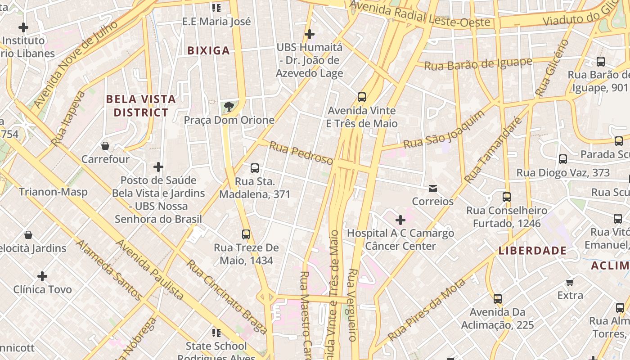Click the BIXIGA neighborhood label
click(x=208, y=50)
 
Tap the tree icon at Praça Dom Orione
click(x=229, y=107)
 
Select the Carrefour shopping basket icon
click(x=105, y=146)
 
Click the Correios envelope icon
click(x=433, y=188)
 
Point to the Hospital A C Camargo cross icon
click(x=400, y=220)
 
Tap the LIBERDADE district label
click(x=532, y=251)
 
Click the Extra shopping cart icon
click(x=570, y=282)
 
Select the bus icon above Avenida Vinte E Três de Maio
click(x=361, y=97)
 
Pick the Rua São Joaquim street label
click(x=444, y=130)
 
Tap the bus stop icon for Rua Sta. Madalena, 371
click(x=255, y=168)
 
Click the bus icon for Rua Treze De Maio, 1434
click(x=246, y=234)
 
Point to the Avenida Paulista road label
click(x=150, y=269)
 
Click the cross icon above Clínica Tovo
click(x=42, y=276)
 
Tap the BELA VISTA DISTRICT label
click(x=141, y=106)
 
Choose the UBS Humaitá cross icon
click(x=310, y=34)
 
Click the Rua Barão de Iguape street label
click(x=478, y=64)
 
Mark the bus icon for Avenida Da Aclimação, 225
click(x=498, y=299)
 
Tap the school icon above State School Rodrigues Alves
click(x=216, y=333)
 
